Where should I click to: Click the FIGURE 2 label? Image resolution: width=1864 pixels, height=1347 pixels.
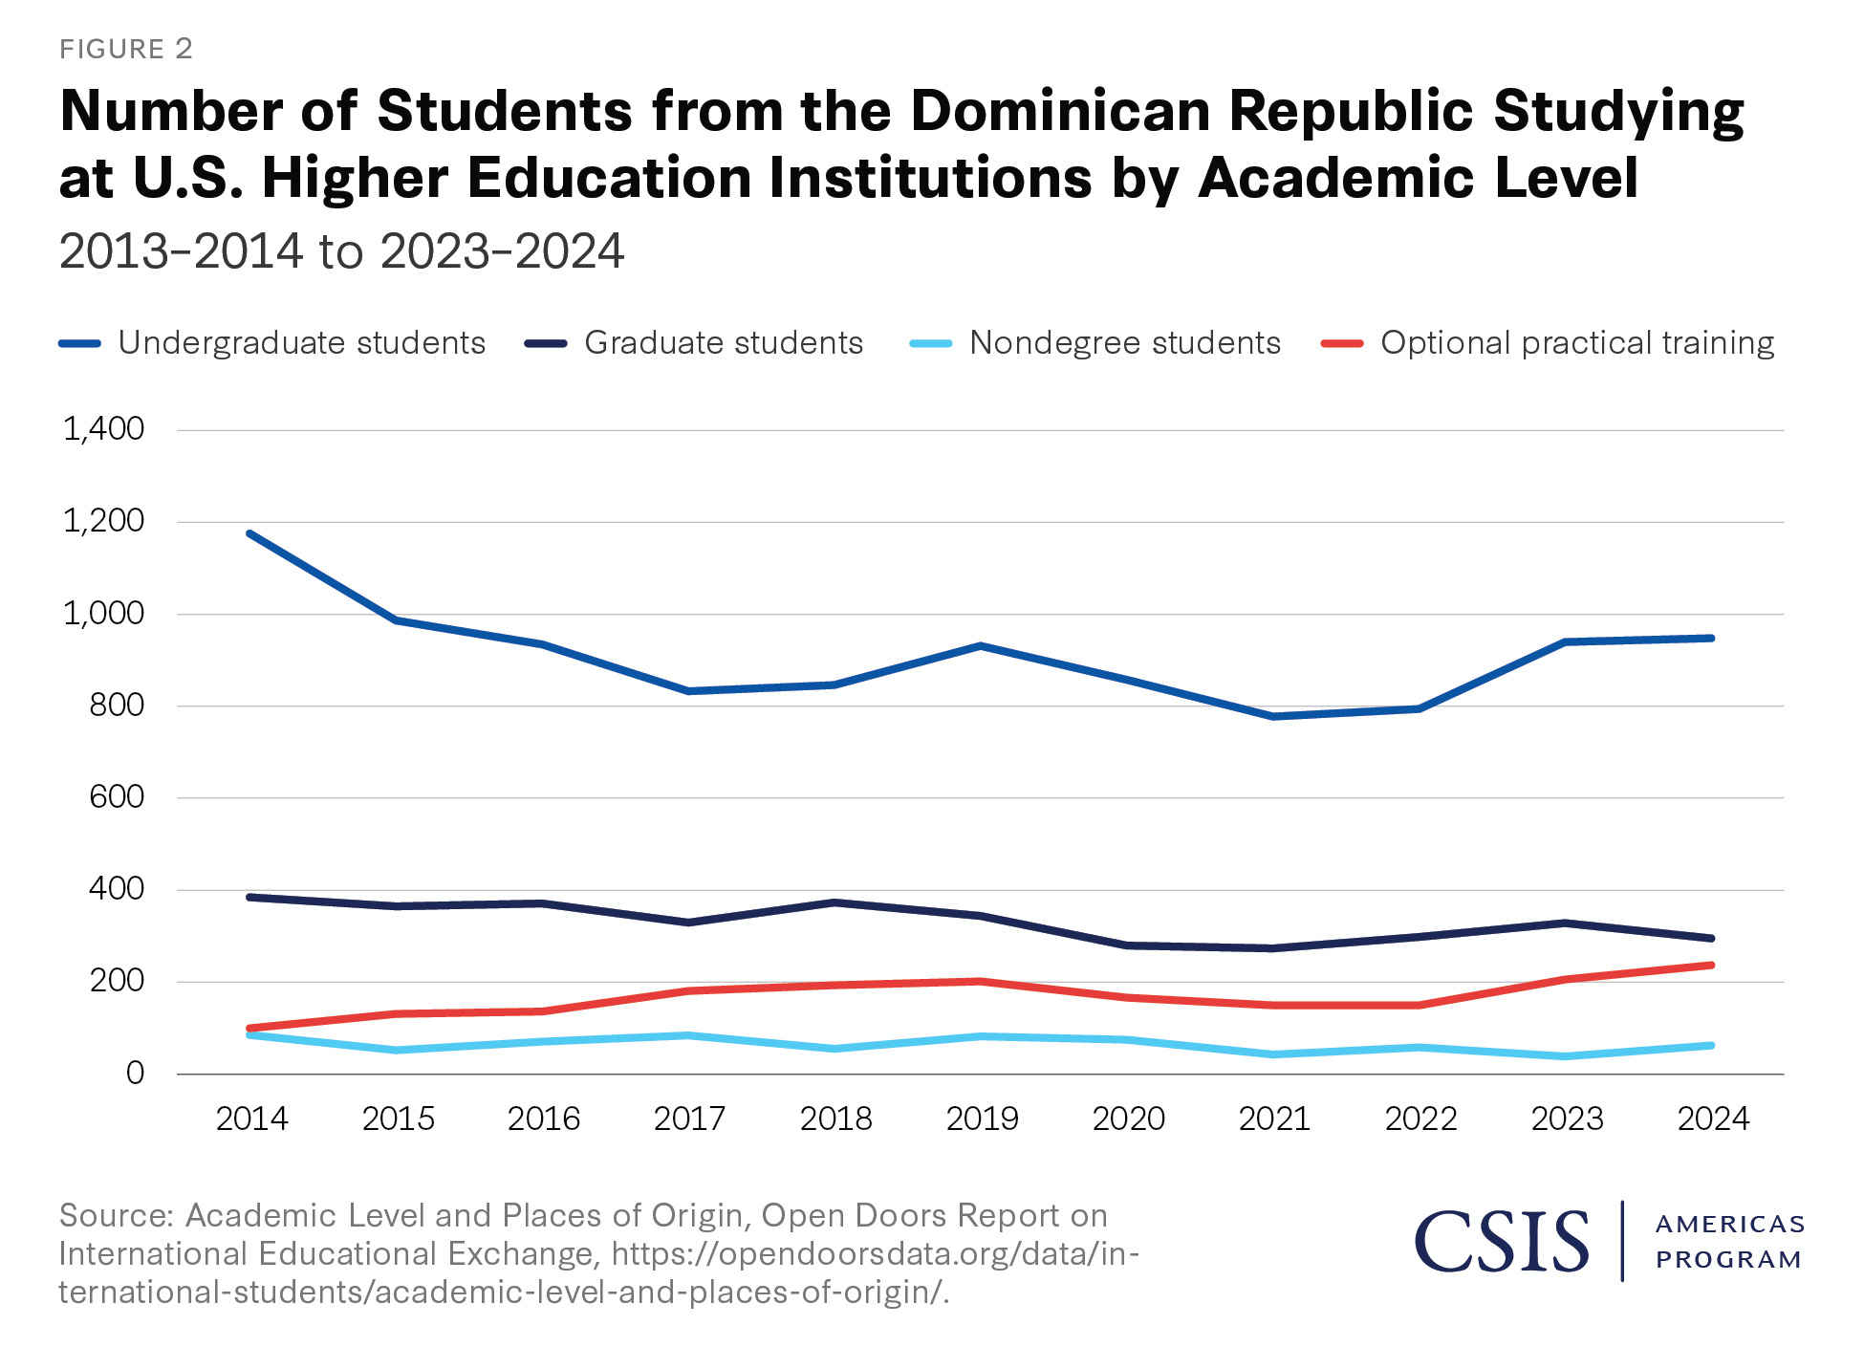(x=126, y=49)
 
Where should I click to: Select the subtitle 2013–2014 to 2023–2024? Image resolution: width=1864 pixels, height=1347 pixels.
(x=341, y=251)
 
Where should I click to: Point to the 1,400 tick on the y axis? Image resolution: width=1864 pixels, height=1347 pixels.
(x=103, y=429)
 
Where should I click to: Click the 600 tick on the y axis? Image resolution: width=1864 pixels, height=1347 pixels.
(x=116, y=797)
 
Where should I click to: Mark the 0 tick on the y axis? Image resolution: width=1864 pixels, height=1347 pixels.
(x=135, y=1074)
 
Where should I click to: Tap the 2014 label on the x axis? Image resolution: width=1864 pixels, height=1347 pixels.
(x=251, y=1119)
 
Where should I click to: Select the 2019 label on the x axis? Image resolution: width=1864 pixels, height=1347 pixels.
(x=982, y=1119)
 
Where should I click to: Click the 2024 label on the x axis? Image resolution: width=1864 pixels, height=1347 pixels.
(x=1712, y=1119)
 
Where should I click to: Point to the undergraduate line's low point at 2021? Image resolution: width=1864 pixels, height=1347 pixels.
(x=1273, y=716)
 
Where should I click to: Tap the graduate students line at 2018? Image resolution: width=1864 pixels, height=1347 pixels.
(x=834, y=902)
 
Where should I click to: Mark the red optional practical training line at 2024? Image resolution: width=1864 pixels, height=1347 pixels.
(x=1710, y=966)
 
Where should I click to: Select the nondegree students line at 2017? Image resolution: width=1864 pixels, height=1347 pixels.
(x=688, y=1035)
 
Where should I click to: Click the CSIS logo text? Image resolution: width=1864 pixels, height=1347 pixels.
(x=1501, y=1241)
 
